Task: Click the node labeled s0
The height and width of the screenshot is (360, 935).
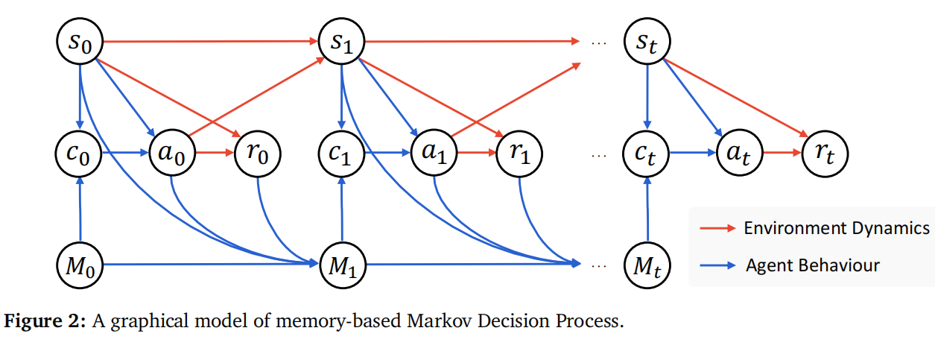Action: coord(80,41)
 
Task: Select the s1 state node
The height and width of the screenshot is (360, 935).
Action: coord(341,41)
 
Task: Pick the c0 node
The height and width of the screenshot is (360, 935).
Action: coord(80,155)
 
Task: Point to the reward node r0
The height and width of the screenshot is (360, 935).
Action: coord(258,155)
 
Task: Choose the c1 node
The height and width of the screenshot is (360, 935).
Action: coord(341,155)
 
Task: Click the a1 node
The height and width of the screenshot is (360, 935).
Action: coord(435,155)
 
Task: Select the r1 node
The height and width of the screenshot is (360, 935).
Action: coord(520,155)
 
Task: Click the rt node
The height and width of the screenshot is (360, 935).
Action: coord(825,155)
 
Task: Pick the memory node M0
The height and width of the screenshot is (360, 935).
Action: coord(80,264)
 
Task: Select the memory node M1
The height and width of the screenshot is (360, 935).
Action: coord(341,264)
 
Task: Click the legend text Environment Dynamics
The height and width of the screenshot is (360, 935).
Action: coord(836,228)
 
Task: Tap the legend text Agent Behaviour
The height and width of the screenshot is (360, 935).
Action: coord(812,265)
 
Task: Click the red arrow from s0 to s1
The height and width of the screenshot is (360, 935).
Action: coord(209,41)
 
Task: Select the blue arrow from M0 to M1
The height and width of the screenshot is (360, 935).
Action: coord(209,264)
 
